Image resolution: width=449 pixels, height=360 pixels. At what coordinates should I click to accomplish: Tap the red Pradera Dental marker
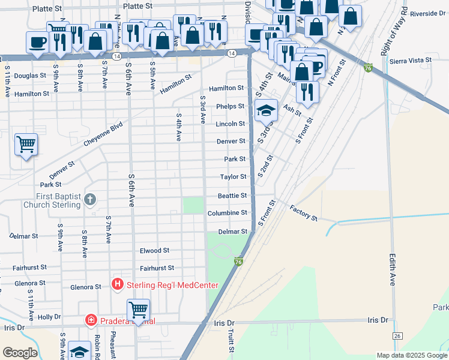pos(91,321)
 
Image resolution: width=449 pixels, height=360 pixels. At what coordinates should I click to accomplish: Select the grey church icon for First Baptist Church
pos(90,199)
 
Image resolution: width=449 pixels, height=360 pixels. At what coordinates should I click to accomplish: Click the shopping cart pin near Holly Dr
pos(139,310)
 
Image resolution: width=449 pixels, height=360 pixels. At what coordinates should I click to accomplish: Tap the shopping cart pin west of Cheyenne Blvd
pos(26,145)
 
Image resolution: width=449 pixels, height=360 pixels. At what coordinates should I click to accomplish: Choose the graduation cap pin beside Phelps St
pos(266,110)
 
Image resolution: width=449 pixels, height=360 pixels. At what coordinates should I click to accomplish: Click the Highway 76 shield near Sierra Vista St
pos(368,68)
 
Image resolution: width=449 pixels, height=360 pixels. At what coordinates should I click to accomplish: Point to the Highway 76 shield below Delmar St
pos(238,262)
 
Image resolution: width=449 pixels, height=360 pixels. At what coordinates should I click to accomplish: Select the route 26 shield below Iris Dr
pos(397,335)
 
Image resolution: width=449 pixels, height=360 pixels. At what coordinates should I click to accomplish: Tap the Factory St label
pos(303,212)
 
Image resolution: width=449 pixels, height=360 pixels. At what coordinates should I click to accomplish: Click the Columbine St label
pos(228,213)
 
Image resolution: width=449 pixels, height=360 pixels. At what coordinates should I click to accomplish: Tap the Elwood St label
pos(155,250)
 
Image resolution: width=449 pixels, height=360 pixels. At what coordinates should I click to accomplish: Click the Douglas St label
pos(30,76)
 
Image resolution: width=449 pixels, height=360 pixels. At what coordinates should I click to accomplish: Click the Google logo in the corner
pos(20,353)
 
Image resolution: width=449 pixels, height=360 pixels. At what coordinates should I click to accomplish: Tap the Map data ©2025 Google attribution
pos(411,355)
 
